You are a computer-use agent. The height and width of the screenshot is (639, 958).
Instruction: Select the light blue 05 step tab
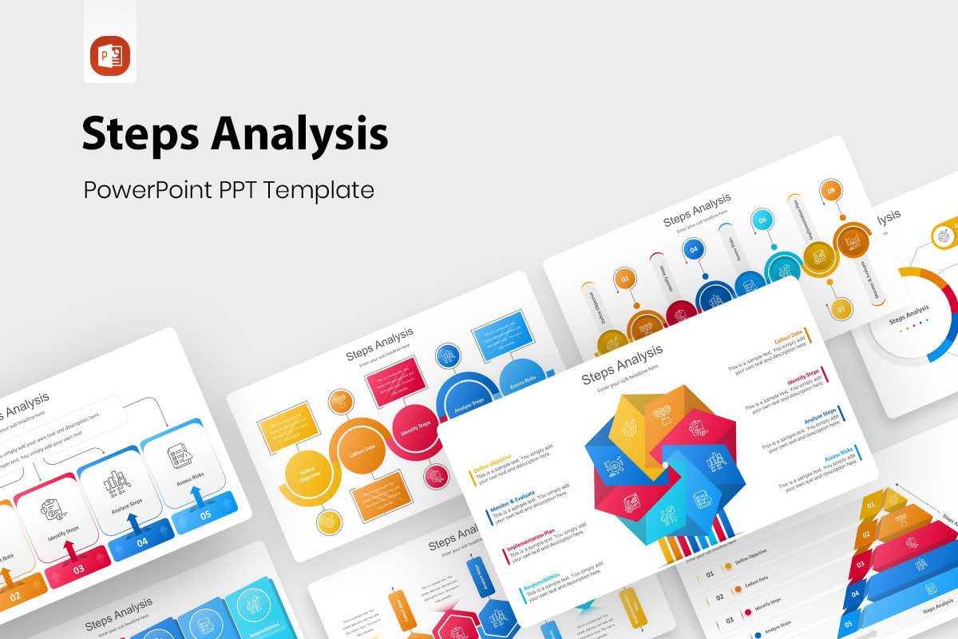click(x=204, y=515)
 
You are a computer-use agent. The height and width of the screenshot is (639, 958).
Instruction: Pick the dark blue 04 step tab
click(x=141, y=543)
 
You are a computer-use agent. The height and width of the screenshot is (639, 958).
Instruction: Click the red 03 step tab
click(x=78, y=570)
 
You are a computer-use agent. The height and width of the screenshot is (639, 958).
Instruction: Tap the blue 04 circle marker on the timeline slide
click(x=694, y=250)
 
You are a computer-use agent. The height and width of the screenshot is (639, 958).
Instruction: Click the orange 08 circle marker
click(x=831, y=191)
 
